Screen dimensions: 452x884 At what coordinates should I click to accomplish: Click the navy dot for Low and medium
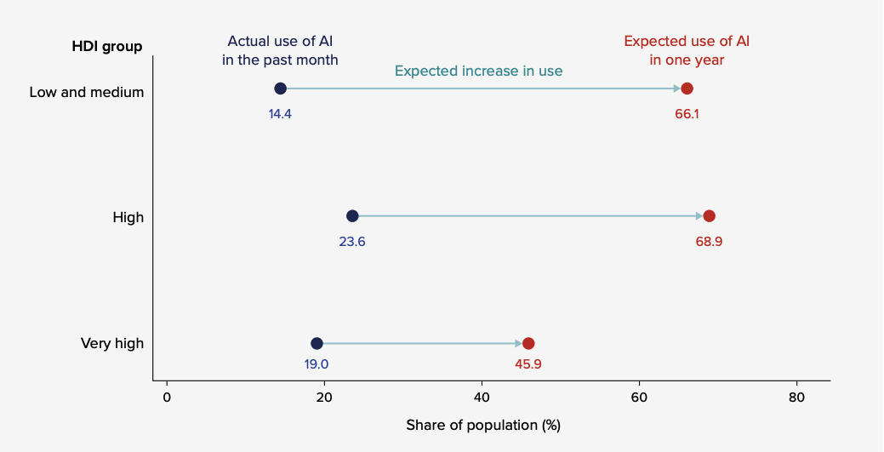click(280, 89)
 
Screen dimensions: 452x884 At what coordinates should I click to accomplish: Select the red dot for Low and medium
click(687, 89)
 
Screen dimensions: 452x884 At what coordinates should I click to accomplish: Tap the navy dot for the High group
click(352, 216)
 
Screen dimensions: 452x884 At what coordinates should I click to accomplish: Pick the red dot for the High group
click(709, 216)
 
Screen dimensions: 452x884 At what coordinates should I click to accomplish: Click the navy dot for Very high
click(317, 344)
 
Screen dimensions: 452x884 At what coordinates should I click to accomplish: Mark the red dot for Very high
click(528, 344)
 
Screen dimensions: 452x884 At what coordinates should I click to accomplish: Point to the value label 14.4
click(280, 113)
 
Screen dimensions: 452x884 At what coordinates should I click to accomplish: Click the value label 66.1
click(687, 113)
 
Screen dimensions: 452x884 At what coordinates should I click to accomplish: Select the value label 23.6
click(352, 241)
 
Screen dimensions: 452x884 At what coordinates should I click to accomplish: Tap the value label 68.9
click(709, 241)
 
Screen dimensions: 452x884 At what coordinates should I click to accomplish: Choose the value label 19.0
click(317, 363)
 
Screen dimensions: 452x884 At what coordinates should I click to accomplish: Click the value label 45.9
click(528, 363)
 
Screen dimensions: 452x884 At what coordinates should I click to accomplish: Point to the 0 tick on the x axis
click(167, 397)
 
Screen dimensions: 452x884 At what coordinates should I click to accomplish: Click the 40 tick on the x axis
click(482, 397)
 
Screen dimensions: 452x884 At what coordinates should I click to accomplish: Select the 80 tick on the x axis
click(796, 397)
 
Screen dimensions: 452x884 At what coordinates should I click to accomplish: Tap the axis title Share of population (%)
click(482, 425)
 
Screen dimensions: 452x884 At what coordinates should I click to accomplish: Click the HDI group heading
click(106, 47)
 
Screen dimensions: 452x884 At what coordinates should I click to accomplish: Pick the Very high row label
click(112, 344)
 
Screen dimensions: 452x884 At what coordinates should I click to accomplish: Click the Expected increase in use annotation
click(478, 71)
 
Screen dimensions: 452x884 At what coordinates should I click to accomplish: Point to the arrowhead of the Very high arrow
click(518, 344)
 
